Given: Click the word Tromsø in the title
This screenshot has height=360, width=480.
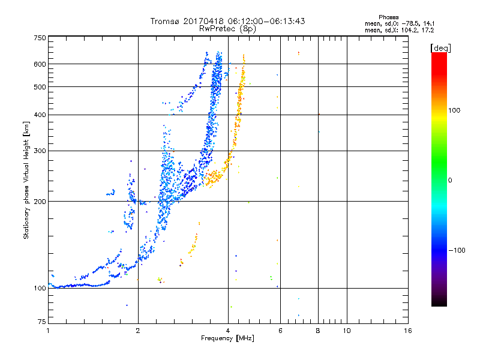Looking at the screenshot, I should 164,21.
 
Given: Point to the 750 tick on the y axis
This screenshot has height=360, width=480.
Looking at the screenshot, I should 40,38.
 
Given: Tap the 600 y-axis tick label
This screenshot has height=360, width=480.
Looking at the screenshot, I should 40,64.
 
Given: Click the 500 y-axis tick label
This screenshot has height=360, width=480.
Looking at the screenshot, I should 40,87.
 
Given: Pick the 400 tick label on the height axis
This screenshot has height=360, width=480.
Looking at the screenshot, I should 40,115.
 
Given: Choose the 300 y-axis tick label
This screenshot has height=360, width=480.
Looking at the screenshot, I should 40,151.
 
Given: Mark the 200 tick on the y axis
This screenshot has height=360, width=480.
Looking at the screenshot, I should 40,202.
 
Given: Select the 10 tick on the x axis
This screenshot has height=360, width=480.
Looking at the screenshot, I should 347,331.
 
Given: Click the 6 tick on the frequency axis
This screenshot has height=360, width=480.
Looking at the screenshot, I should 280,331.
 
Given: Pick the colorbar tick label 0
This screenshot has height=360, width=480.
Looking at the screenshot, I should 451,180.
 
